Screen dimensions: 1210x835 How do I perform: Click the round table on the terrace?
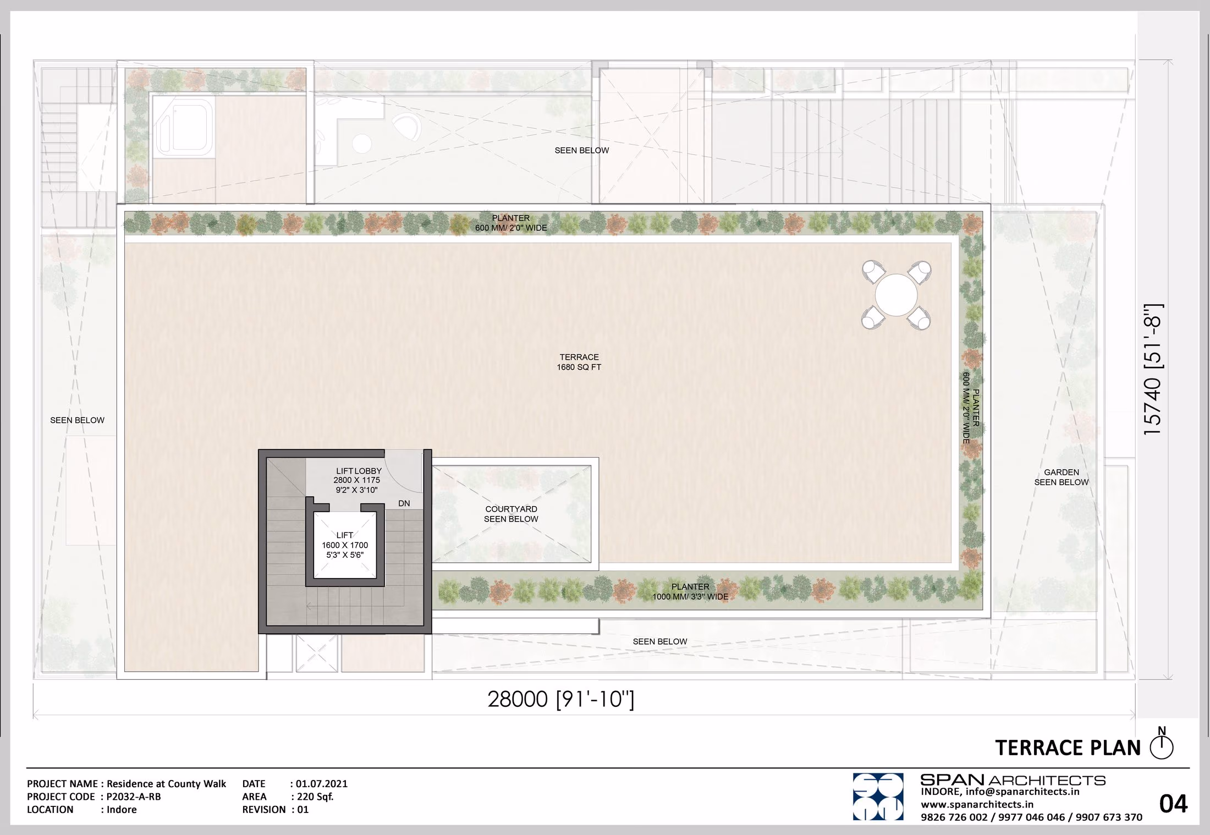(896, 295)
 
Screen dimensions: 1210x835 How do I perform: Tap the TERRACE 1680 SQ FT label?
(579, 362)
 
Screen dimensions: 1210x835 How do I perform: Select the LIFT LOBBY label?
(359, 471)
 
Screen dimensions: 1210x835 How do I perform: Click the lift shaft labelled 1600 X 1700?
(345, 545)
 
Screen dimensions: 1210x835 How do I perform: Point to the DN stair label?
(404, 503)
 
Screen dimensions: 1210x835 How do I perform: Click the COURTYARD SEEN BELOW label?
(511, 514)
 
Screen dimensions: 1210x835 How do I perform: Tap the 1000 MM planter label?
(690, 592)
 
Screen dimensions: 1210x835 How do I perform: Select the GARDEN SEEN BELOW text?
(1061, 477)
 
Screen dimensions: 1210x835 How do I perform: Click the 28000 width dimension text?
(560, 699)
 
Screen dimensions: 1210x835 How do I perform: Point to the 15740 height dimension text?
(1153, 370)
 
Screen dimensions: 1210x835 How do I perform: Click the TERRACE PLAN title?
(1068, 748)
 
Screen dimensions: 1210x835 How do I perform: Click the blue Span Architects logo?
(878, 796)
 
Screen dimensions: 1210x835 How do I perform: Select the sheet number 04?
(1173, 804)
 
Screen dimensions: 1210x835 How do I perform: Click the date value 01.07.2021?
(322, 784)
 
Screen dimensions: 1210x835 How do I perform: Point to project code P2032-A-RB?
(134, 796)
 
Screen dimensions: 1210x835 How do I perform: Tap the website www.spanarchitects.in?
(977, 804)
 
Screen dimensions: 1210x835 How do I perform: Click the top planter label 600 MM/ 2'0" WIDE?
(511, 228)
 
